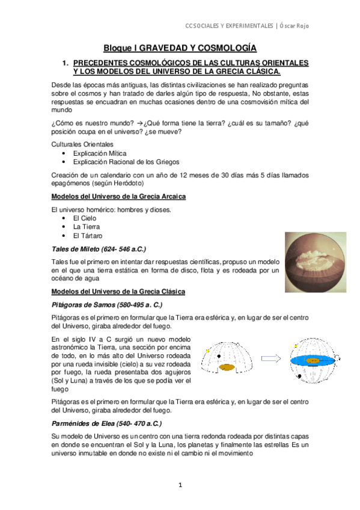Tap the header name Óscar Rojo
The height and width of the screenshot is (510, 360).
pyautogui.click(x=301, y=25)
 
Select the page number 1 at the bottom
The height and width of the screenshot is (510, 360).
pyautogui.click(x=180, y=485)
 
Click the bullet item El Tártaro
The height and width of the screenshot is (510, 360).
pyautogui.click(x=88, y=236)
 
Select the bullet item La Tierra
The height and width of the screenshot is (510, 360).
pyautogui.click(x=86, y=227)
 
